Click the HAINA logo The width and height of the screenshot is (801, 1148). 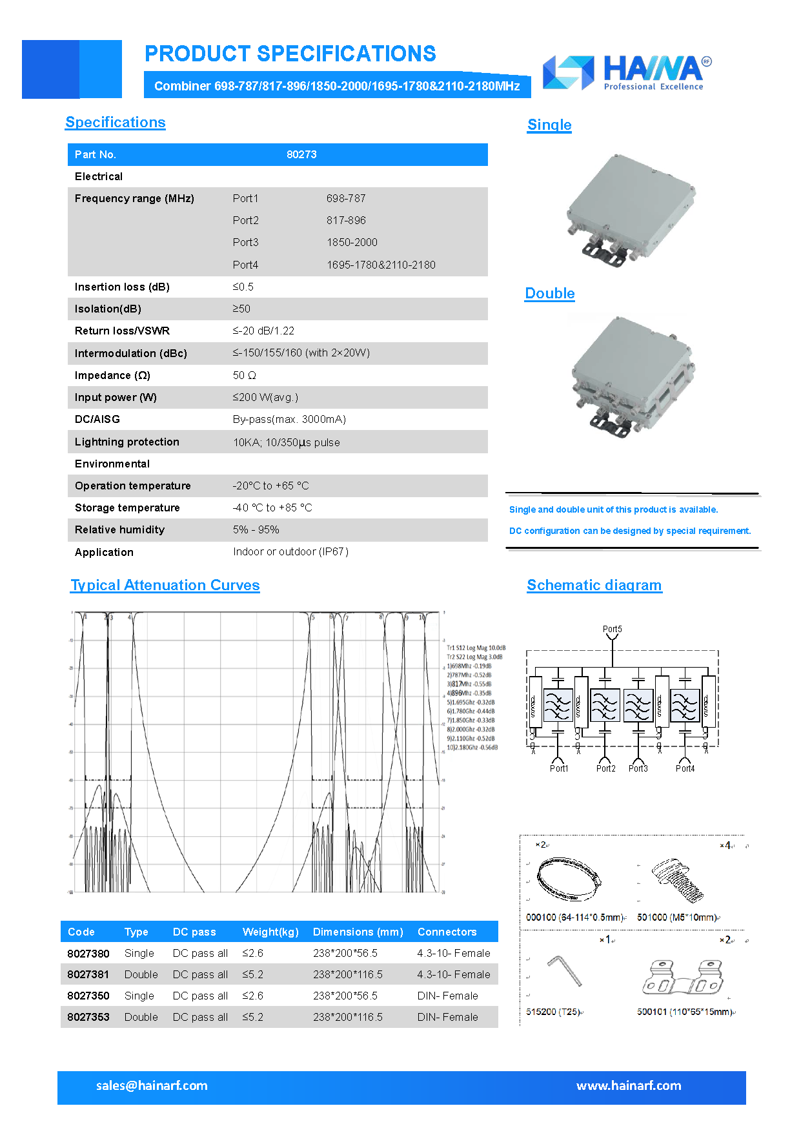tap(626, 72)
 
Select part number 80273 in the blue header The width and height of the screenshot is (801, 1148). tap(301, 154)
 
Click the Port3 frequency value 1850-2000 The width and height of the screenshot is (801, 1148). tap(352, 242)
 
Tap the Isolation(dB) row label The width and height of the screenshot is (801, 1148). tap(108, 309)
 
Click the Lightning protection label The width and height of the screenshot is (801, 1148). tap(127, 442)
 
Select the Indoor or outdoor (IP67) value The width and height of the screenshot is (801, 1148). tap(290, 551)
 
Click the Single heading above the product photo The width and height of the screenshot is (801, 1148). tap(549, 125)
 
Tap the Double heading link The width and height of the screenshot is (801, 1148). tap(549, 293)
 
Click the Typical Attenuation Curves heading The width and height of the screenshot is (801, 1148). tap(165, 585)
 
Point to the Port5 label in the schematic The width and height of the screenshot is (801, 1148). tap(612, 629)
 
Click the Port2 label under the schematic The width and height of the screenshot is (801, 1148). tap(605, 768)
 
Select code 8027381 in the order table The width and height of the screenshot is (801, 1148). tap(88, 974)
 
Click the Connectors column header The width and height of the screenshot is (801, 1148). tap(447, 932)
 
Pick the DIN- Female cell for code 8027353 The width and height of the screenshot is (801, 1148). tap(447, 1017)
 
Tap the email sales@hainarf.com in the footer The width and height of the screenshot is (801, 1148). tap(152, 1085)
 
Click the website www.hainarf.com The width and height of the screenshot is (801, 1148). tap(629, 1085)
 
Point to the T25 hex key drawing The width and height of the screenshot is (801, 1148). tap(565, 970)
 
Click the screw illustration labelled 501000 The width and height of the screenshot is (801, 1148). tap(677, 879)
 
